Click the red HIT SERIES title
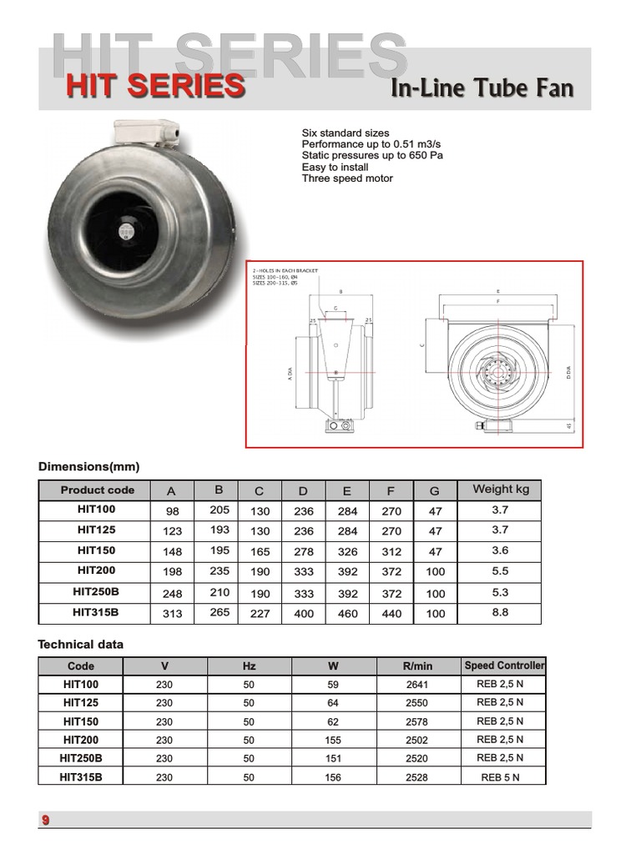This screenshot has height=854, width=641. [x=156, y=86]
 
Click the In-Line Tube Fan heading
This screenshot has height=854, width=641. [x=482, y=88]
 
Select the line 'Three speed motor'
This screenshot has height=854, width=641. [x=347, y=178]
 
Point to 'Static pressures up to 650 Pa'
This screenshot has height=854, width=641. [x=371, y=155]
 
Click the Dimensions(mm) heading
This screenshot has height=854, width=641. [x=88, y=466]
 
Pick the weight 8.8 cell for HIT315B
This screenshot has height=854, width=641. [x=501, y=613]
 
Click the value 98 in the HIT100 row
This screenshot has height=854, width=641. [x=172, y=511]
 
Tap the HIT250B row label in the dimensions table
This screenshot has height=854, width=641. [x=96, y=592]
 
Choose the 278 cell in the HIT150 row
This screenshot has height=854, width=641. [x=304, y=551]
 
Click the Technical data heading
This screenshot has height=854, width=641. [x=80, y=644]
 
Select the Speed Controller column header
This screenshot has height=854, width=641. [x=504, y=666]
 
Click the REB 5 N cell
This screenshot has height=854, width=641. [x=500, y=777]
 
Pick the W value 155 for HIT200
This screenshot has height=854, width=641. [x=333, y=740]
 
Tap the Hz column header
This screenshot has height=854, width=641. [x=249, y=666]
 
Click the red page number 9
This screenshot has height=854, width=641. [x=46, y=821]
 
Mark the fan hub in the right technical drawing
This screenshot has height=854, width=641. [x=499, y=369]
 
